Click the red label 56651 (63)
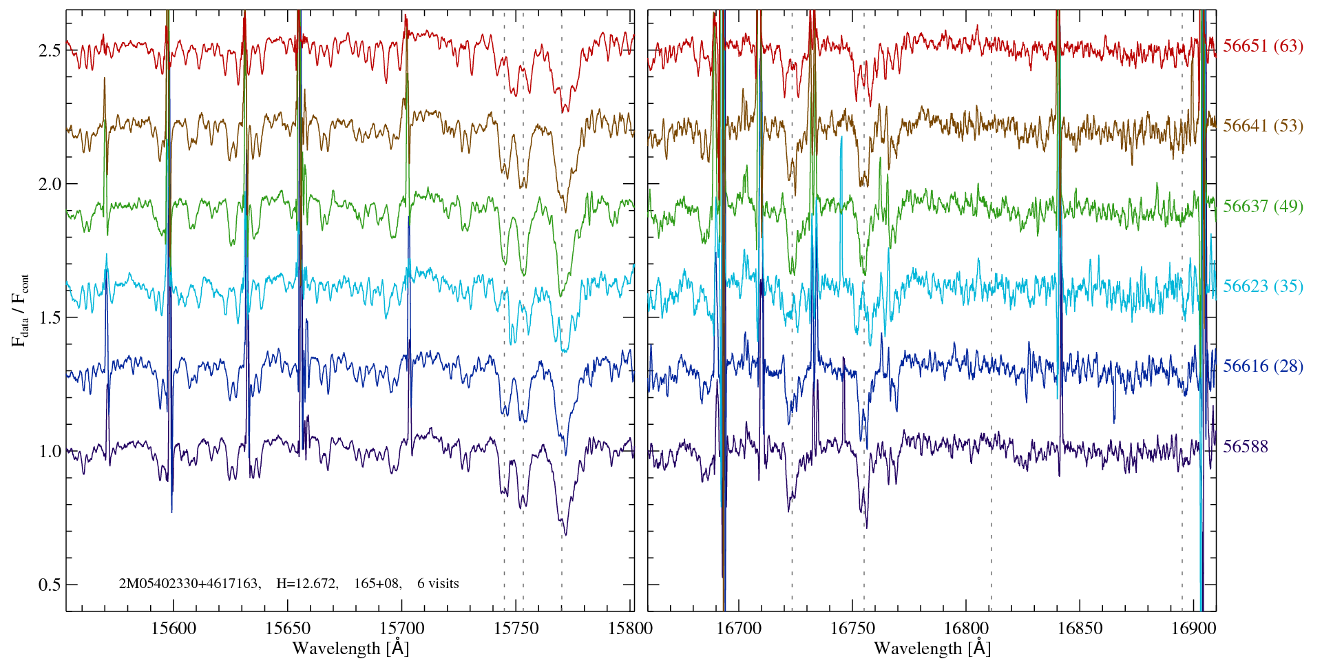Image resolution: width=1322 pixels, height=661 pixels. [x=1263, y=46]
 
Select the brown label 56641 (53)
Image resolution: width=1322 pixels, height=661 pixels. [x=1263, y=126]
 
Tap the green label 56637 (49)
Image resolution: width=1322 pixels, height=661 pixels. [x=1263, y=207]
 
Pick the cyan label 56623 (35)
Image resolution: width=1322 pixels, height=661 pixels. [x=1263, y=286]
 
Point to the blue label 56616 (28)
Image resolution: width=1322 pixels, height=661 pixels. [x=1263, y=366]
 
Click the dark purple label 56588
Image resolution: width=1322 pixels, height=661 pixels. [x=1246, y=447]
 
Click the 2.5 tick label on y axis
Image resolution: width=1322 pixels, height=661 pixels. [x=50, y=51]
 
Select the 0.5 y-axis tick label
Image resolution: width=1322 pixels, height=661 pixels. [x=50, y=585]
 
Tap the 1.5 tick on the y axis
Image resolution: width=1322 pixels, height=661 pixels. [x=50, y=318]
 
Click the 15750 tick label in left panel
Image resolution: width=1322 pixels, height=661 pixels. [x=517, y=628]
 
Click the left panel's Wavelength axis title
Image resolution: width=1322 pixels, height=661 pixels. [x=350, y=649]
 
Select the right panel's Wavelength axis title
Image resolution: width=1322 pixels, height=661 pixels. [x=932, y=649]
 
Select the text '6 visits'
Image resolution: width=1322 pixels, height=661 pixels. [x=438, y=584]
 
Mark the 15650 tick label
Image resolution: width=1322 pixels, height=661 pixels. [x=288, y=628]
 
